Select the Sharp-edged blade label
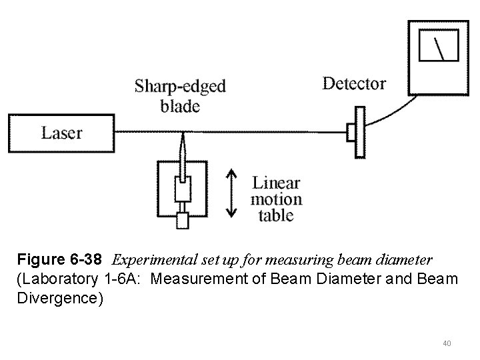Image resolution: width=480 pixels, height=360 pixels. click(x=180, y=95)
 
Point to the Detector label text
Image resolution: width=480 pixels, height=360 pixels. click(x=354, y=83)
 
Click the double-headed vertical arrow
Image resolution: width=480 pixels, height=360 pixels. click(x=231, y=194)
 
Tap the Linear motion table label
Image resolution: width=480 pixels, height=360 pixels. click(x=276, y=199)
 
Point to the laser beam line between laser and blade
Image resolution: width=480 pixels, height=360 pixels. click(x=140, y=130)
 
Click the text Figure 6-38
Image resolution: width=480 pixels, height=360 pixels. click(x=61, y=259)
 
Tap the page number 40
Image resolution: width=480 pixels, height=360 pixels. click(x=447, y=343)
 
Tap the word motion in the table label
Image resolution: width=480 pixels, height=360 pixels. click(x=276, y=199)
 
